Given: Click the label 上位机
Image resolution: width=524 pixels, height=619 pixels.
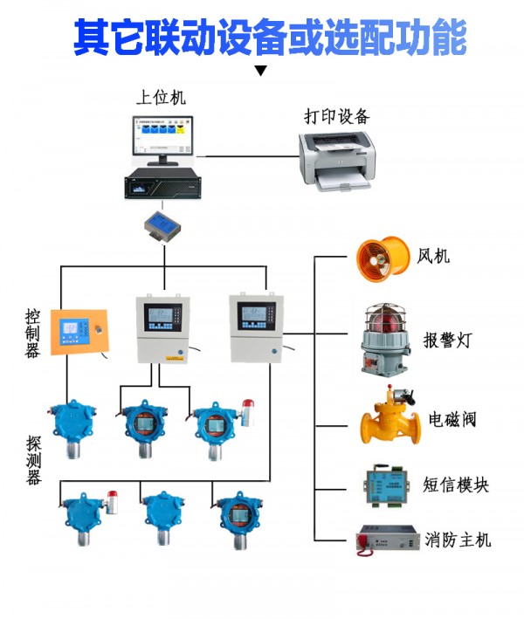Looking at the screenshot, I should tap(161, 98).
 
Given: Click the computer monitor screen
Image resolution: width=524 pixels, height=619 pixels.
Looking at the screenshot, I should tap(162, 134).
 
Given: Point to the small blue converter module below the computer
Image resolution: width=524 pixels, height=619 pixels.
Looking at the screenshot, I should tap(163, 224).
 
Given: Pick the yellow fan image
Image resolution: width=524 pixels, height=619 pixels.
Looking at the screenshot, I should tap(383, 259).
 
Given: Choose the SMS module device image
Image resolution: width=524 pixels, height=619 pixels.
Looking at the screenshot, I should tap(382, 484).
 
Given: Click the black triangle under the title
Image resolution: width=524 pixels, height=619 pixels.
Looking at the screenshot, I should tap(259, 71).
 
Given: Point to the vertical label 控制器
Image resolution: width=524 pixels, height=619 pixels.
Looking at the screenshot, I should tap(32, 332).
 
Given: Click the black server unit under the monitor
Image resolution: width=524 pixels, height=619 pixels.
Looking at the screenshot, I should tap(162, 185).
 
